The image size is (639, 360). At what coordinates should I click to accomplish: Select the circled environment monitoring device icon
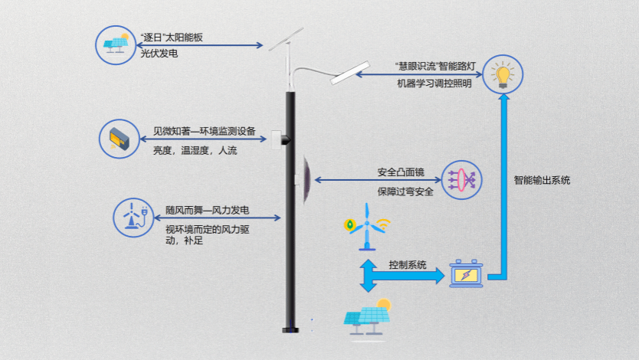(120, 138)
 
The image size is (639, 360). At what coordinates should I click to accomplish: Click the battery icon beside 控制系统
(466, 273)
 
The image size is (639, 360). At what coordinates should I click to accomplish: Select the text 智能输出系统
(542, 181)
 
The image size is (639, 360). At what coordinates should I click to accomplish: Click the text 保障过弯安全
(405, 191)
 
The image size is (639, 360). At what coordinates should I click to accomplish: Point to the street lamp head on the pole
(348, 74)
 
